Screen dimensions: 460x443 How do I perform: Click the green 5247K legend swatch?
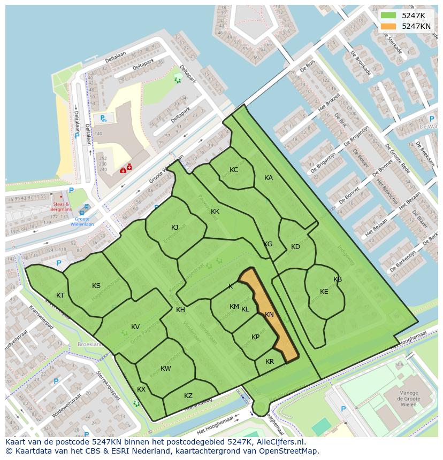pos(388,15)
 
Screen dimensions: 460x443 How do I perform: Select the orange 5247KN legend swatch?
pos(388,26)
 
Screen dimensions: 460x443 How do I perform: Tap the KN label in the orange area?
pos(269,315)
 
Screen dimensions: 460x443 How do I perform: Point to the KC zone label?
pos(234,170)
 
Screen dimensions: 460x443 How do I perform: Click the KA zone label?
pos(269,178)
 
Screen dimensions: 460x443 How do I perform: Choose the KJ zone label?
pos(175,228)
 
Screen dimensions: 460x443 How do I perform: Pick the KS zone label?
pos(96,286)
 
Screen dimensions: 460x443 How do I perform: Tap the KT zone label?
pos(60,295)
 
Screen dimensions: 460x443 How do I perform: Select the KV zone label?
pos(135,327)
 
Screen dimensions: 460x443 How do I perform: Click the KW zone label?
pos(166,369)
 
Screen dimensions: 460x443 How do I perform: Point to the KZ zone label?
pos(188,396)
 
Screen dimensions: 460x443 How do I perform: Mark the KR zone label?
pos(270,362)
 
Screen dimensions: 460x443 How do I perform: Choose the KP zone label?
pos(255,337)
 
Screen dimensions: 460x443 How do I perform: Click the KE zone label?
pos(324,292)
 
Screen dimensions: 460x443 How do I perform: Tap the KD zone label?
pos(295,247)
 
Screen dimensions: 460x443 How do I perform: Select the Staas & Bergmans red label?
pos(60,207)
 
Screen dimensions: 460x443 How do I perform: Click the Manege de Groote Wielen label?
pos(409,399)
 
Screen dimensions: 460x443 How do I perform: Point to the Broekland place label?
pos(90,345)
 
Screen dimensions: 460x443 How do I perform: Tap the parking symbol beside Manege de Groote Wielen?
pos(343,409)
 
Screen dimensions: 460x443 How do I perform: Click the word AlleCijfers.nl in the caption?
pos(279,442)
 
